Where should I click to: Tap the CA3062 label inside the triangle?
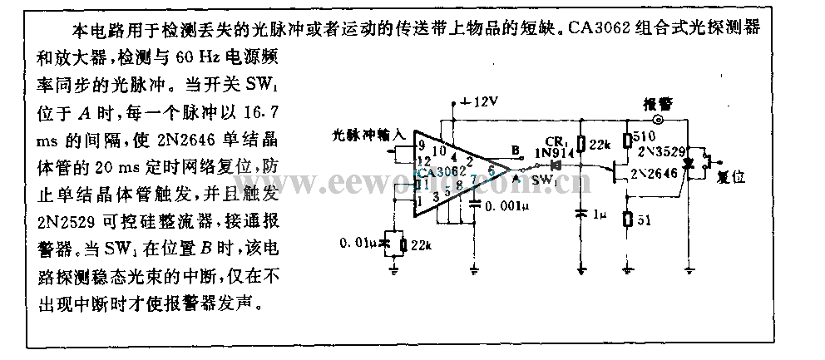coord(442,173)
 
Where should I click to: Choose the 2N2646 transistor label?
coord(652,175)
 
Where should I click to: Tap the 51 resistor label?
coord(641,221)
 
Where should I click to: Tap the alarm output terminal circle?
coord(658,120)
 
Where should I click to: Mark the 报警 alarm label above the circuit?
coord(658,104)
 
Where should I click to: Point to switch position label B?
coord(516,150)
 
